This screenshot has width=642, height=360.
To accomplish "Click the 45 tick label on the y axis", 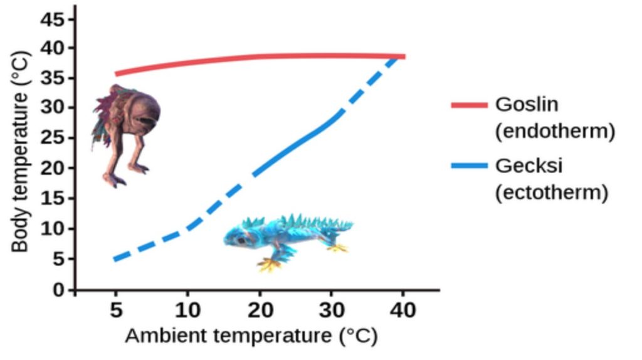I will pos(53,19).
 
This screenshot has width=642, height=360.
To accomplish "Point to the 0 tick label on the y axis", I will pos(58,290).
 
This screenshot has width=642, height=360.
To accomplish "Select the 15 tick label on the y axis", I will pos(53,199).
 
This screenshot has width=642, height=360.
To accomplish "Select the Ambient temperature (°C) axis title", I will pos(251,336).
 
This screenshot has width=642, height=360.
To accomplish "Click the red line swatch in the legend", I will pos(469,105).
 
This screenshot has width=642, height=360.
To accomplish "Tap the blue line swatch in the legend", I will pos(469,166).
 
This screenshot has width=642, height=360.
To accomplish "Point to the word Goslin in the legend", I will pos(526,104).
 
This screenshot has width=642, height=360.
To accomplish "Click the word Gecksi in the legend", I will pos(529,166).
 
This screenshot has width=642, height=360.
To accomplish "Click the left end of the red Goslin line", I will pos(117,73).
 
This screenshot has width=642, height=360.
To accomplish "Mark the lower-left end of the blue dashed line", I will pos(116,259).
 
